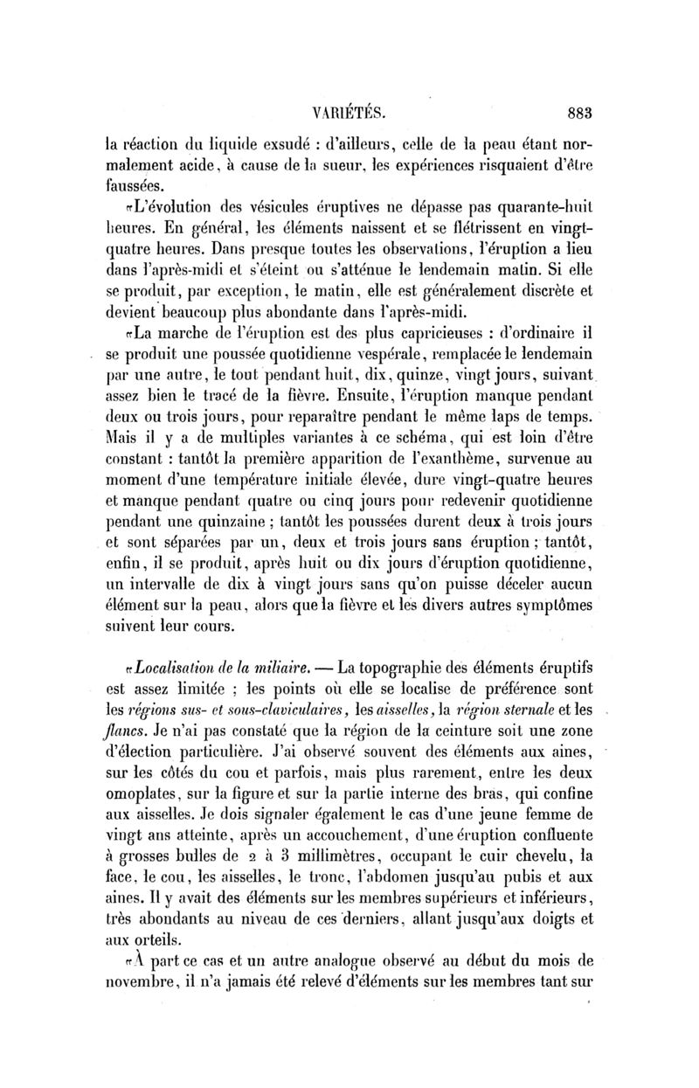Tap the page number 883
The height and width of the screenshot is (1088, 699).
coord(579,112)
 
